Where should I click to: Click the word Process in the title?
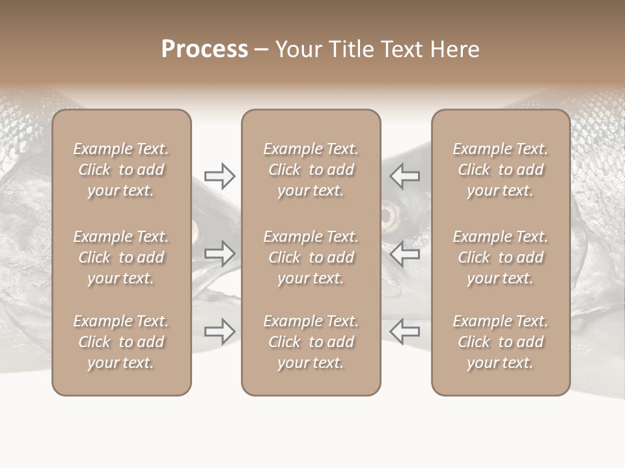[204, 49]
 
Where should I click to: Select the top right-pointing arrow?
[219, 175]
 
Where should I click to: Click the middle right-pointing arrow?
[219, 253]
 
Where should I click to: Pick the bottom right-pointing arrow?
[219, 331]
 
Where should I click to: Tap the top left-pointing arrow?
[405, 175]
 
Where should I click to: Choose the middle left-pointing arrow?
[405, 253]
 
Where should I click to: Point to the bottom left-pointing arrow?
[405, 331]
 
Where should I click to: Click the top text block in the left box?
[121, 170]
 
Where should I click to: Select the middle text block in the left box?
[121, 257]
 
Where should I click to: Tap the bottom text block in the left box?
[121, 342]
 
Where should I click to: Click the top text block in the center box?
[311, 170]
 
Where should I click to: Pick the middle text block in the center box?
[311, 257]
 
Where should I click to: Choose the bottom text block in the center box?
[311, 342]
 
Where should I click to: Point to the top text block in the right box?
[500, 170]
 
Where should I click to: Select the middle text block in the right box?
[500, 257]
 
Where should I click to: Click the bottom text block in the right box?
[500, 342]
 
